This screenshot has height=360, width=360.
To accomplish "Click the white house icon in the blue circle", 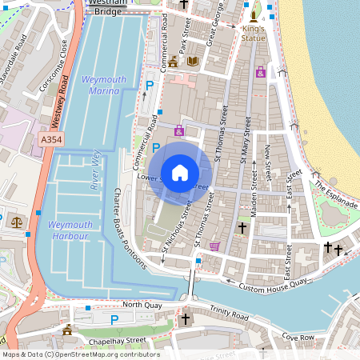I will point(180,172).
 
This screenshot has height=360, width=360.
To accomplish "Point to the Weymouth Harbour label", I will point(71,230).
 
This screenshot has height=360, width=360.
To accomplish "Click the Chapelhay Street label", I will point(117,341).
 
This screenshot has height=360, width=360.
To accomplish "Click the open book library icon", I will point(192,60).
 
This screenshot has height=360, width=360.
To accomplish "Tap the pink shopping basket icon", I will point(214,246).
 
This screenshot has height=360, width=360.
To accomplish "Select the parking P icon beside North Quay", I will point(114,320).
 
